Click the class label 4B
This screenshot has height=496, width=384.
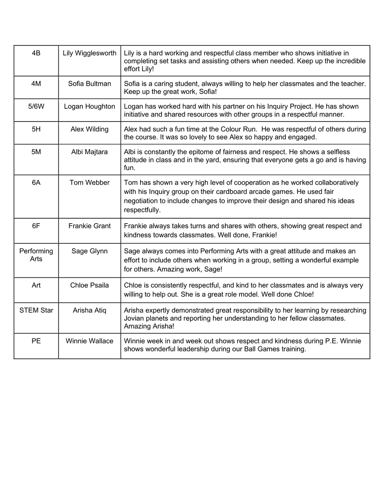click(x=36, y=53)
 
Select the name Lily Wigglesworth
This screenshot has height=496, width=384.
click(x=89, y=53)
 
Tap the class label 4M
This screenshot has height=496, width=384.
click(x=36, y=83)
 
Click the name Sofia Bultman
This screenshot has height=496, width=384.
click(x=89, y=83)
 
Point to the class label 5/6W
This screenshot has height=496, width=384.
click(x=36, y=106)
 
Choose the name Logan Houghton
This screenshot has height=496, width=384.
click(x=89, y=106)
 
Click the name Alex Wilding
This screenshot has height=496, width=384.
click(x=89, y=129)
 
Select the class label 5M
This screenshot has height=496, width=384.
click(x=36, y=152)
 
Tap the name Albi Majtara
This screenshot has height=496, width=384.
click(x=89, y=152)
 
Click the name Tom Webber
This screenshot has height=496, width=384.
click(x=89, y=182)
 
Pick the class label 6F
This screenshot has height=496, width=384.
click(x=36, y=226)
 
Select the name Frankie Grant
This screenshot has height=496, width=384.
click(x=89, y=226)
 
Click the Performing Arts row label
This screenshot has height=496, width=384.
click(x=36, y=255)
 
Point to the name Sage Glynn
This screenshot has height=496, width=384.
click(x=89, y=251)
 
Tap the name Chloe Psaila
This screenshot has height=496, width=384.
click(x=89, y=285)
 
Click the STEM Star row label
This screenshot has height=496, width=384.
click(x=36, y=310)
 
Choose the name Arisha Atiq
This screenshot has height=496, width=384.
click(x=89, y=310)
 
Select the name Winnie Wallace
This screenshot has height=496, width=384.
click(x=89, y=341)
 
